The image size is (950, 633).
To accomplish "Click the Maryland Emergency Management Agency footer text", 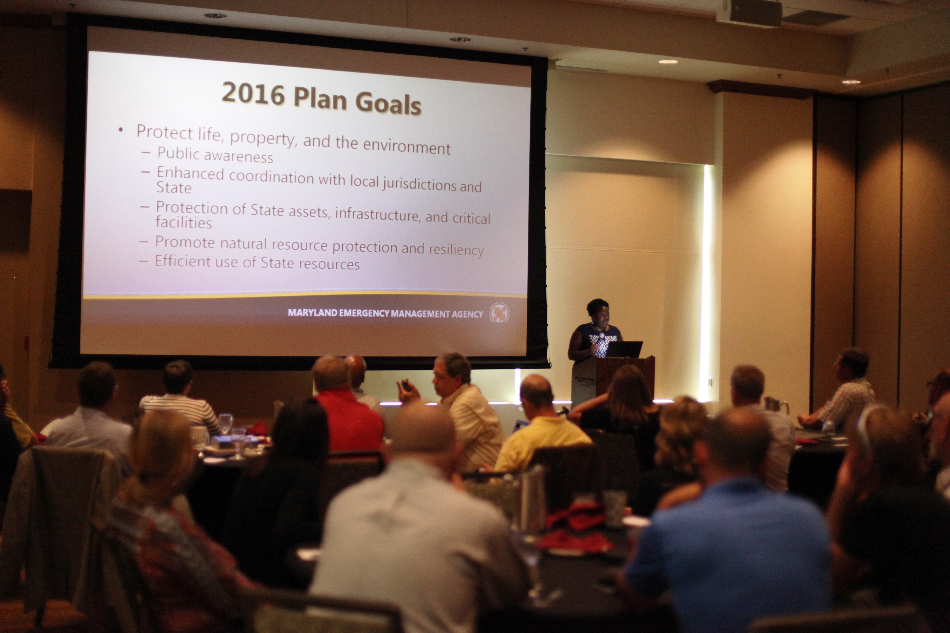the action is click(x=385, y=313).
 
